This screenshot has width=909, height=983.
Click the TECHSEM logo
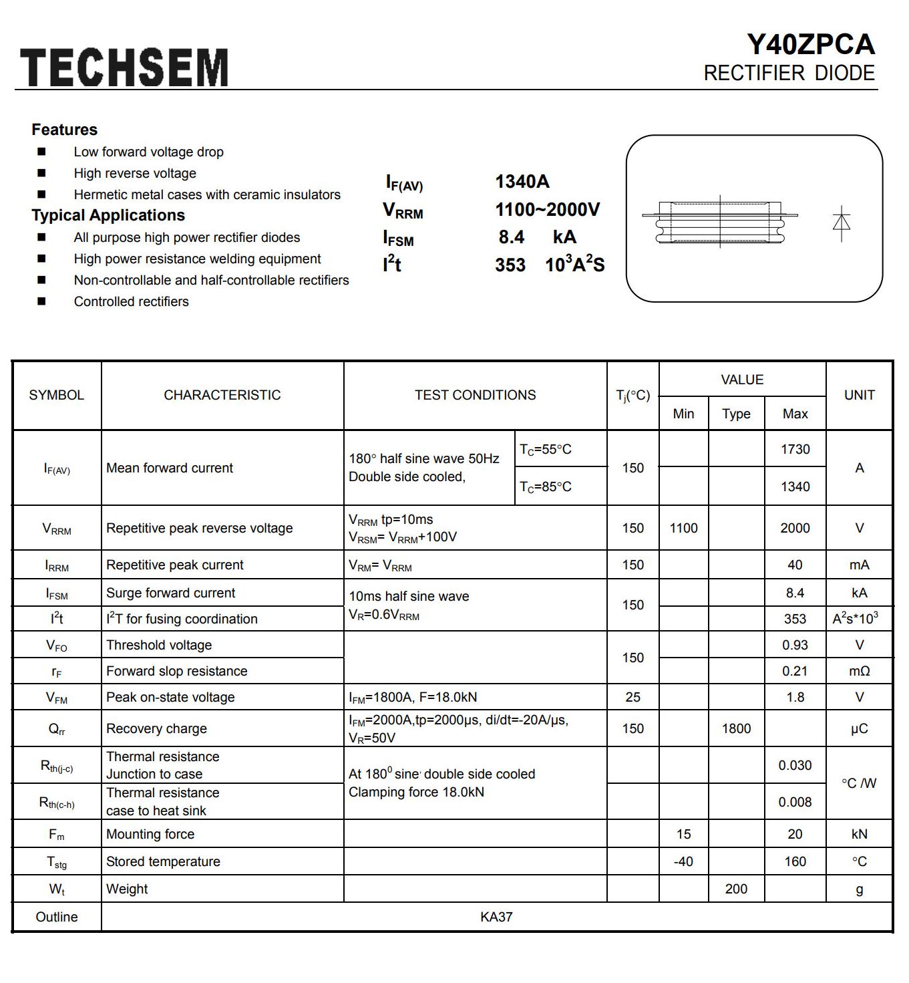tap(124, 67)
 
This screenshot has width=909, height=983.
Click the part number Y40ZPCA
tap(810, 45)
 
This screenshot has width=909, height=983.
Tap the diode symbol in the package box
tap(842, 222)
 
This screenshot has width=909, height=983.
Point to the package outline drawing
tap(719, 221)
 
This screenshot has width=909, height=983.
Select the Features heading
tap(64, 130)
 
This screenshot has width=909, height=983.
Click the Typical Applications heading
tap(108, 215)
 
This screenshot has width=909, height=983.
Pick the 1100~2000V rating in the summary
tap(547, 210)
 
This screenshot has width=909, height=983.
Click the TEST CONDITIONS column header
tap(475, 395)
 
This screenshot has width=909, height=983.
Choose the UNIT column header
tap(859, 395)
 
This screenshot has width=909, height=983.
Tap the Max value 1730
tap(795, 449)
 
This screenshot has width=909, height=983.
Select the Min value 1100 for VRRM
tap(683, 528)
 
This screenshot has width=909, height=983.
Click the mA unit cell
tap(859, 565)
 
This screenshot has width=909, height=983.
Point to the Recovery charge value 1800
tap(736, 728)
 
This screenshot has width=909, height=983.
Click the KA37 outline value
tap(496, 917)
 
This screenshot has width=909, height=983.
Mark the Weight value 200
tap(736, 889)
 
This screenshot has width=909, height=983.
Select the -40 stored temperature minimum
tap(683, 861)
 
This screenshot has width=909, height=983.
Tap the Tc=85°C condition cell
tap(546, 486)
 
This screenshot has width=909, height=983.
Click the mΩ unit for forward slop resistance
tap(859, 671)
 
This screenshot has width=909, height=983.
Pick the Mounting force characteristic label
tap(150, 834)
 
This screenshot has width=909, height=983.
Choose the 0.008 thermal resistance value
tap(795, 802)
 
